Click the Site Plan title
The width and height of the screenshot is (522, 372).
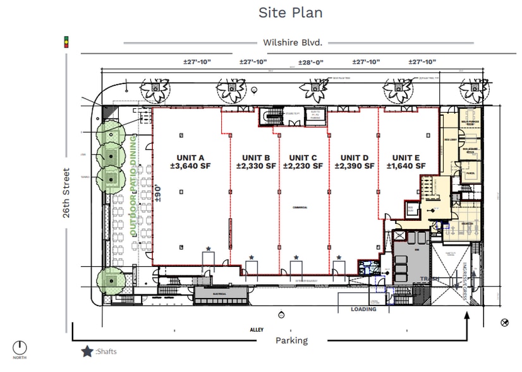(291, 13)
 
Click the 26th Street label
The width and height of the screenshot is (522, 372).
(66, 193)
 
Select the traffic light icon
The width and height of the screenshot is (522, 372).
(65, 42)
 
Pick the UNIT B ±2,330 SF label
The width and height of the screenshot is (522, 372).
(256, 162)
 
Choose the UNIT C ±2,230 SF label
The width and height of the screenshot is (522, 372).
(302, 162)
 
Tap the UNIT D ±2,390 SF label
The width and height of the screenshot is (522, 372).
(354, 162)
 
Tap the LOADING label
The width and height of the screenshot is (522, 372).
(363, 309)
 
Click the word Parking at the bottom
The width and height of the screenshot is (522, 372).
(291, 340)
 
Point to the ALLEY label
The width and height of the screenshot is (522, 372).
(256, 330)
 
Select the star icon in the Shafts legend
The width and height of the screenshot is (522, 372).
(87, 351)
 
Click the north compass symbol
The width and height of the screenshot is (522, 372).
(20, 347)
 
